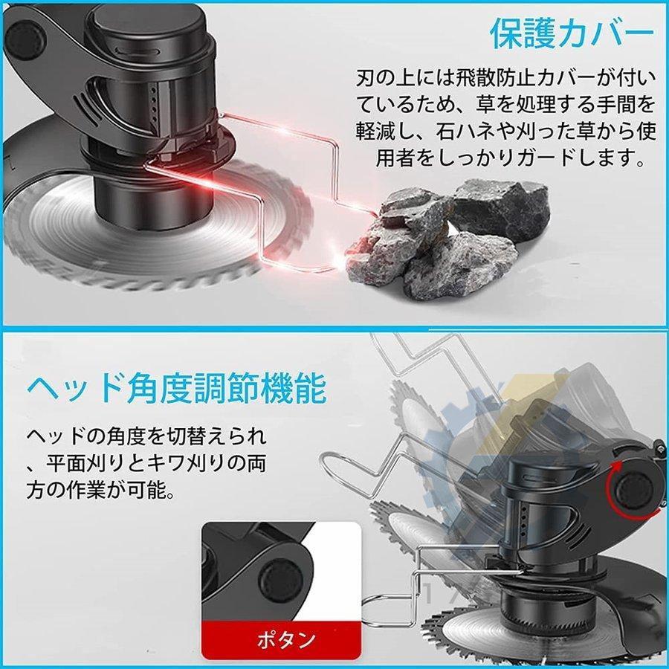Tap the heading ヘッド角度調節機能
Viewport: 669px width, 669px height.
pyautogui.click(x=176, y=388)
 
